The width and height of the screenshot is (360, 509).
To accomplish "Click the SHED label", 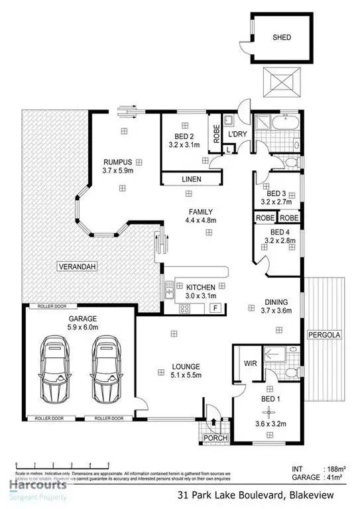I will (x=281, y=38).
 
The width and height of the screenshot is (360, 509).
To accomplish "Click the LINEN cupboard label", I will (x=191, y=180).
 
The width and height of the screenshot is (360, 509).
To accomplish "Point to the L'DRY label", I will (x=237, y=135).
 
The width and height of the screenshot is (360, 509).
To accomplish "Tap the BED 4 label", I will (x=279, y=232).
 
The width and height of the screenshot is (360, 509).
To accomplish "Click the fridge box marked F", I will (x=215, y=308).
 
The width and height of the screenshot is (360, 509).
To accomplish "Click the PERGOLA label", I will (x=323, y=335).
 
